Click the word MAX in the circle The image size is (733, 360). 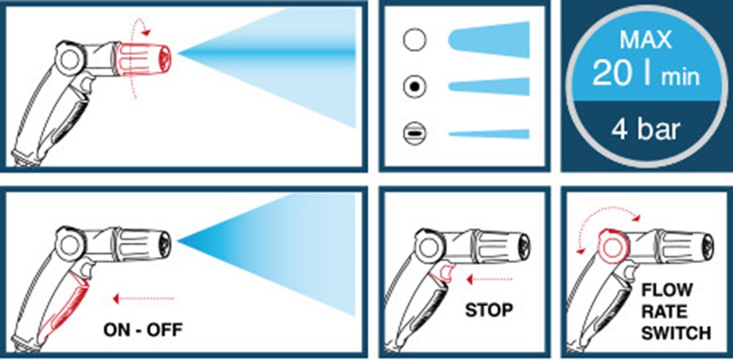(646, 40)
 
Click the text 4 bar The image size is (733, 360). (645, 131)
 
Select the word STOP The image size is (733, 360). (489, 310)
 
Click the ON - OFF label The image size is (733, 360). (143, 331)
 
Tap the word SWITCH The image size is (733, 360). (676, 334)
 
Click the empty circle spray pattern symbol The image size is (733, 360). (415, 40)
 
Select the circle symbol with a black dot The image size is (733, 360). (415, 87)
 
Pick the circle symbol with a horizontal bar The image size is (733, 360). (415, 133)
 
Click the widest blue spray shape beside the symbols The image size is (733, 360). (489, 40)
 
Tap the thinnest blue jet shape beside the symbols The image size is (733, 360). (489, 133)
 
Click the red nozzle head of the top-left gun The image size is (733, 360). (143, 59)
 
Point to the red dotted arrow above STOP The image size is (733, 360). (490, 279)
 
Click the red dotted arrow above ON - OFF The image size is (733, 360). (144, 298)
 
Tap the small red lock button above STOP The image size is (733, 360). (442, 272)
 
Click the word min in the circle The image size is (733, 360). (680, 78)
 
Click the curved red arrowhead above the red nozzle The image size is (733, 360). (147, 32)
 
